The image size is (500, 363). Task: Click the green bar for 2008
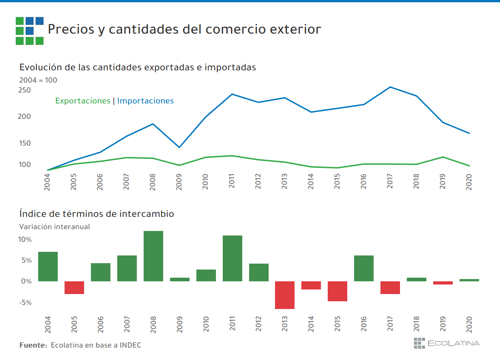click(153, 256)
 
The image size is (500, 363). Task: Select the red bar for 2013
click(285, 295)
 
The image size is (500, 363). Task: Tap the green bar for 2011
click(232, 259)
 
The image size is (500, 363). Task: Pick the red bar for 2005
click(74, 288)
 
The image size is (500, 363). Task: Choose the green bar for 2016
click(364, 268)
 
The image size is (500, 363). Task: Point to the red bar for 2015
click(337, 291)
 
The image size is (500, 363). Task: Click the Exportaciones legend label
click(82, 101)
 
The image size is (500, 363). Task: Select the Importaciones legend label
click(145, 101)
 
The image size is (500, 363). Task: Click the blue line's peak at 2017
click(390, 87)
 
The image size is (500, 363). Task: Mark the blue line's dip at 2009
click(179, 147)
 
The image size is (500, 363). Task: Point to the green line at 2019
click(443, 157)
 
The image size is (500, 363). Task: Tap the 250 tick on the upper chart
click(25, 90)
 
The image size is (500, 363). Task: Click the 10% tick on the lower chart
click(25, 240)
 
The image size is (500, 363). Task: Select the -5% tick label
click(25, 302)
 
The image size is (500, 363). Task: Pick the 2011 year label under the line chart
click(232, 181)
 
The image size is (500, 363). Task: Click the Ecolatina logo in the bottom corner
click(446, 343)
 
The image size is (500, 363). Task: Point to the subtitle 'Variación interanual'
click(55, 226)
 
